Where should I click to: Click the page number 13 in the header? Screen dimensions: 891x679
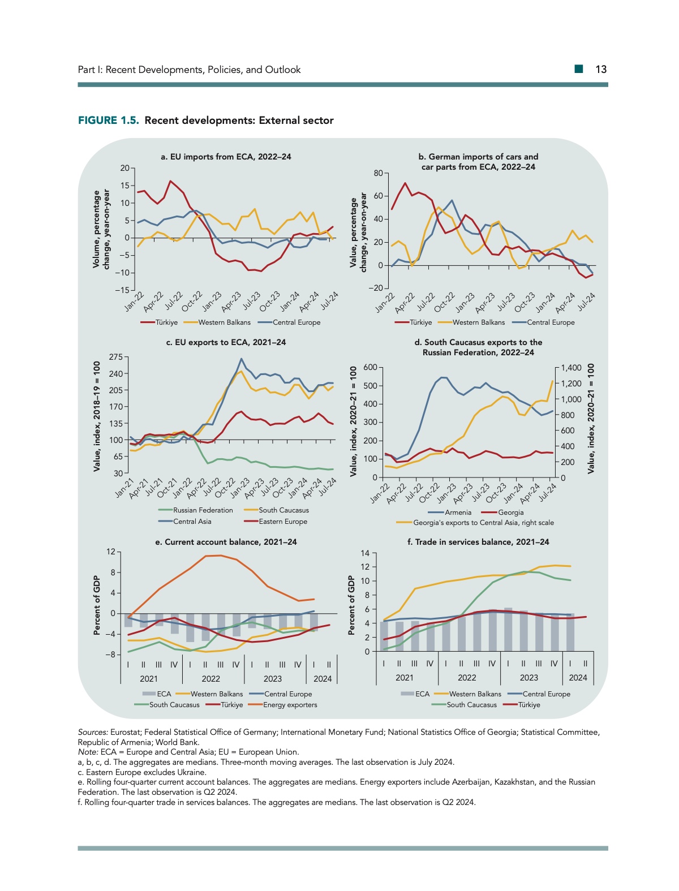[601, 70]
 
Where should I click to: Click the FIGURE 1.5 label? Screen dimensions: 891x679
[108, 120]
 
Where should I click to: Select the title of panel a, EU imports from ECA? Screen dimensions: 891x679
[226, 157]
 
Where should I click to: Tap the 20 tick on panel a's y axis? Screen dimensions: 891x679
[125, 168]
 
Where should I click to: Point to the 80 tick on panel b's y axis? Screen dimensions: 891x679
[378, 173]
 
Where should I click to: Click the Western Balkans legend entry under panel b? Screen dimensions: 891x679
[478, 322]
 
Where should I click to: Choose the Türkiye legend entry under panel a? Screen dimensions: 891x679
[166, 322]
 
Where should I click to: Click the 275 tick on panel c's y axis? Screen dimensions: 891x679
[116, 357]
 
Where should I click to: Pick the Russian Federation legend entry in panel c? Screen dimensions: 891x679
[203, 510]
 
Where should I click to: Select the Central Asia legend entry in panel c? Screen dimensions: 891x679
[192, 522]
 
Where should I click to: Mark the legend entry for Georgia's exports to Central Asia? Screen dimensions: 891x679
[483, 523]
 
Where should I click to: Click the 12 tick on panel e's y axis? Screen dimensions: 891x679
[111, 552]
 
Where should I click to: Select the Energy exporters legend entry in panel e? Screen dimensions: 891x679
[290, 705]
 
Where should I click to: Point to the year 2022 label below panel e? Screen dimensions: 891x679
[210, 679]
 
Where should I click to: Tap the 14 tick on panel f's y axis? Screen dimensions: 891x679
[366, 553]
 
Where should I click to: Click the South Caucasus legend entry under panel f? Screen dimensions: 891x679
[471, 705]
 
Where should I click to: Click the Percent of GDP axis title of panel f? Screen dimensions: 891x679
[351, 605]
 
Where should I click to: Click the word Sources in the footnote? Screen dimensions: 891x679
[92, 733]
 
